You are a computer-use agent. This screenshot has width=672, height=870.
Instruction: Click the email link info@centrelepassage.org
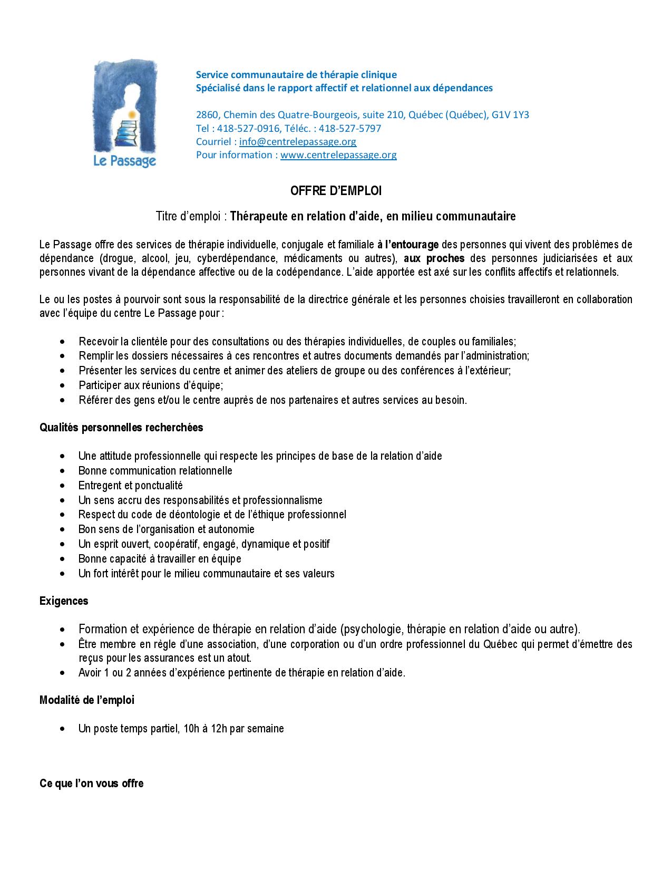297,141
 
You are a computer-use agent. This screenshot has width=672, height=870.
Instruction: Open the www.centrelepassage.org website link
338,155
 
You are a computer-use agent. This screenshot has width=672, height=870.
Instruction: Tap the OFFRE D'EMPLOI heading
336,191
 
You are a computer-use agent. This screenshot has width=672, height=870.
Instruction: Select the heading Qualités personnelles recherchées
121,428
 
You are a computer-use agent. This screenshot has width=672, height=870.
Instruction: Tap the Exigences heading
64,601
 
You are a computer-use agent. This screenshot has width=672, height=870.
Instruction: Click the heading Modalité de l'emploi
87,700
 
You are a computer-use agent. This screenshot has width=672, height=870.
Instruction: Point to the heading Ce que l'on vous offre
91,784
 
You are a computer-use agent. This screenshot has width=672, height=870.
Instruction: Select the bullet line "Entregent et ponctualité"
130,485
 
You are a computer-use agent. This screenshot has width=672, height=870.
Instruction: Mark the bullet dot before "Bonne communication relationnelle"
64,471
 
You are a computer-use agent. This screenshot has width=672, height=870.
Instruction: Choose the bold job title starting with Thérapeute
373,216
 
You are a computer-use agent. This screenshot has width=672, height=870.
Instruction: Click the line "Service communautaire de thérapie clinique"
296,75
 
